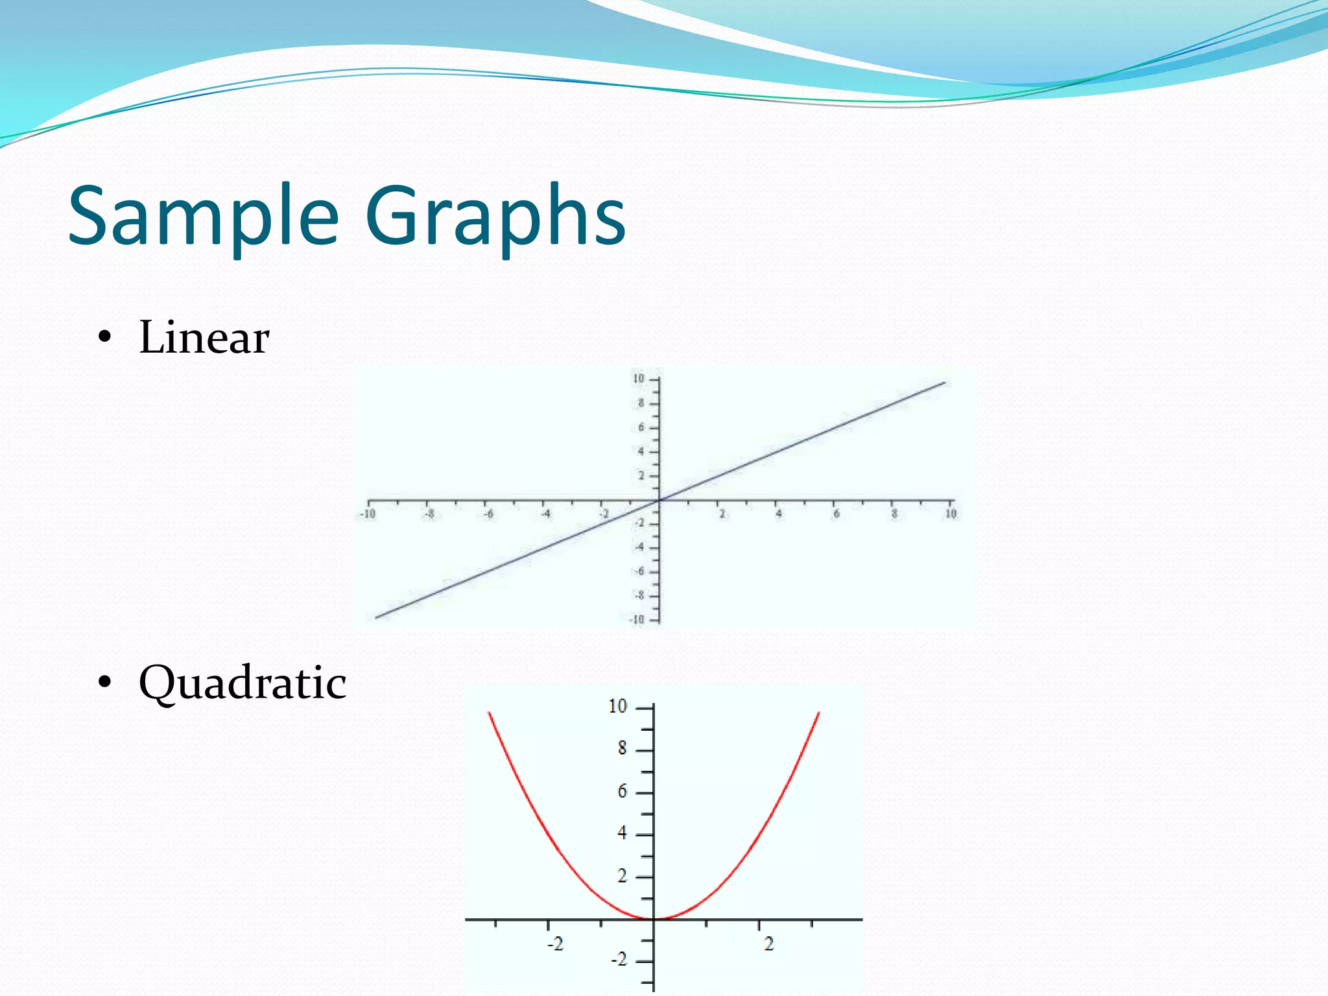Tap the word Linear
tap(204, 338)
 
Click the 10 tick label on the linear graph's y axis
tap(639, 379)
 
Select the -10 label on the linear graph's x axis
tap(367, 514)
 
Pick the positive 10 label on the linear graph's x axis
tap(951, 514)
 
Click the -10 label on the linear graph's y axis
tap(637, 619)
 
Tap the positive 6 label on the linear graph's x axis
tap(836, 514)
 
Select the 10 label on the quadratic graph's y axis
tap(618, 706)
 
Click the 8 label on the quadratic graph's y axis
tap(622, 748)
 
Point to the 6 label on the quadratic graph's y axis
tap(622, 791)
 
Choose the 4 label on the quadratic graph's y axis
tap(622, 833)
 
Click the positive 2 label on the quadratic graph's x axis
tap(769, 944)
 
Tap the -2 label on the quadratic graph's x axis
tap(555, 944)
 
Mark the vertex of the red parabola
tap(654, 918)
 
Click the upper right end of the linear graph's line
tap(944, 383)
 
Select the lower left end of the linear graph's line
tap(377, 617)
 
